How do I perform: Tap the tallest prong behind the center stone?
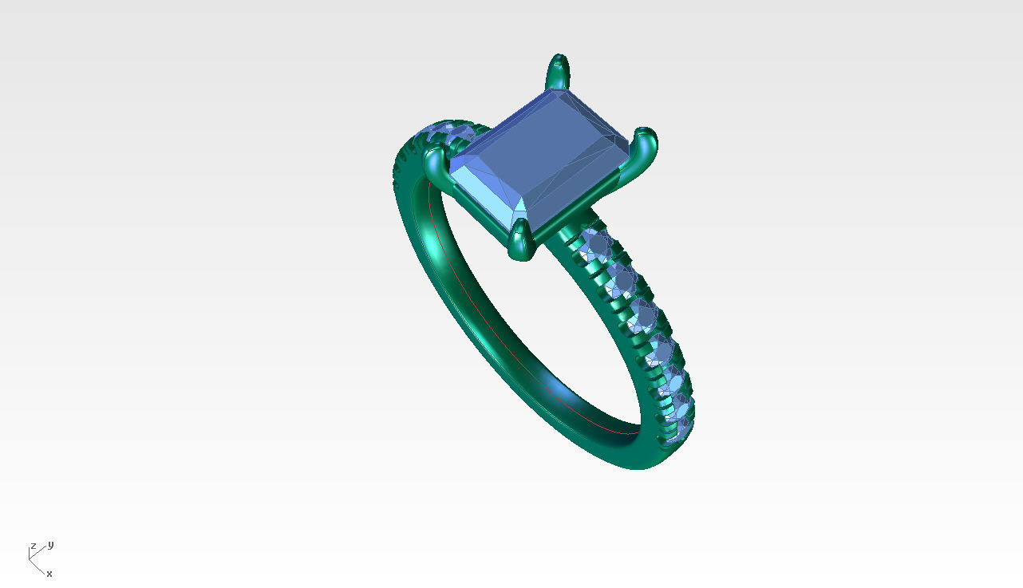(558, 73)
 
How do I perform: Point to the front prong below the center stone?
(521, 240)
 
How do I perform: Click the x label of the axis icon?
(49, 574)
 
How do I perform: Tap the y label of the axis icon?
(50, 545)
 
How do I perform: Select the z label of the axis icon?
(34, 547)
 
